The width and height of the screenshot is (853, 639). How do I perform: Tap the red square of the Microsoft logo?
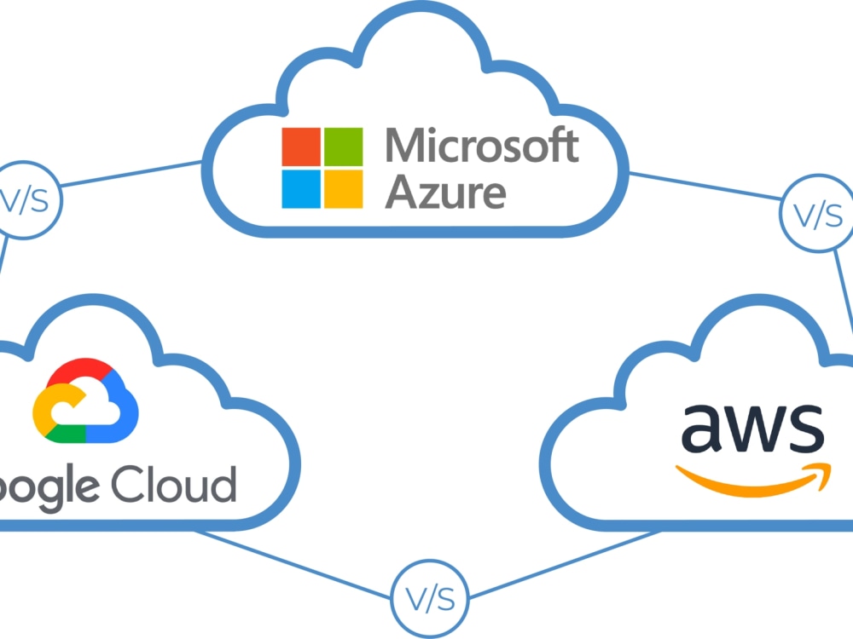tap(301, 147)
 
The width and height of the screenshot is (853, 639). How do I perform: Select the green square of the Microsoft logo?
tap(343, 147)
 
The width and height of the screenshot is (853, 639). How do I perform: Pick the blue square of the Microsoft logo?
tap(301, 188)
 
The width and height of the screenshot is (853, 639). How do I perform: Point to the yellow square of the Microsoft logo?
tap(343, 188)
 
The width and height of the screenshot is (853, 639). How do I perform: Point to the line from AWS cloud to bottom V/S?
tap(563, 563)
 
